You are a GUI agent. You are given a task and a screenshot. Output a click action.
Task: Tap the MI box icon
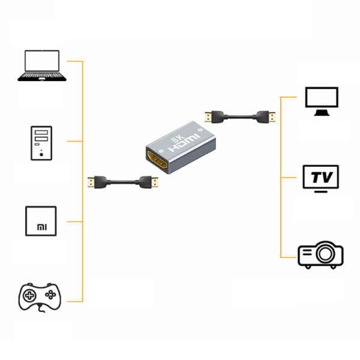pyautogui.click(x=41, y=221)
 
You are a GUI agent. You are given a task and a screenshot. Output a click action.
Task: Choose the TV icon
pyautogui.click(x=321, y=179)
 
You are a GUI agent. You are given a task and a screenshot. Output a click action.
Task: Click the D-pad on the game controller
pyautogui.click(x=30, y=295)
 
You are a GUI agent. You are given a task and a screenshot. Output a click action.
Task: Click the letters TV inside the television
pyautogui.click(x=321, y=177)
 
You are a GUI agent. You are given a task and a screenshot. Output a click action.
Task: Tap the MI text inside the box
pyautogui.click(x=41, y=227)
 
